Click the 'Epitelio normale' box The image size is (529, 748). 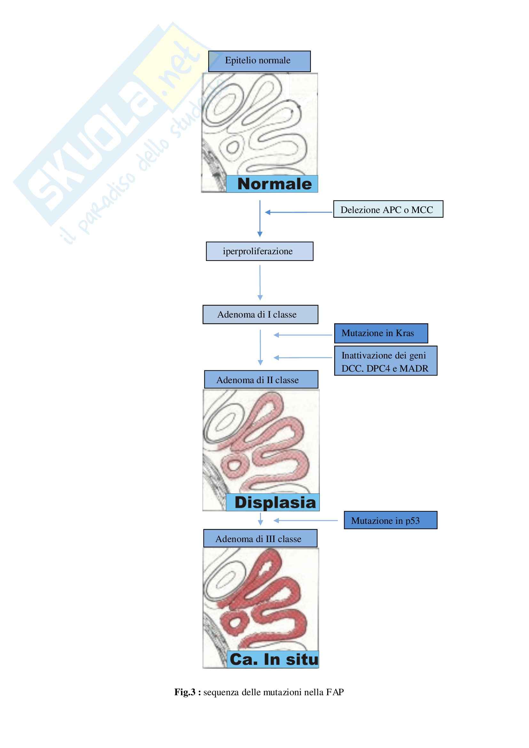point(259,61)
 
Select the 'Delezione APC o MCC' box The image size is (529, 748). point(388,209)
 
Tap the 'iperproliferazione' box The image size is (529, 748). point(259,251)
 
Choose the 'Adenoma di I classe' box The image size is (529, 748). point(260,314)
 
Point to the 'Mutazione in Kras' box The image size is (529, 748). point(381,333)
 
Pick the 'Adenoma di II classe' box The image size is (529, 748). point(261,380)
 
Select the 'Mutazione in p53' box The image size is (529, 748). point(390,520)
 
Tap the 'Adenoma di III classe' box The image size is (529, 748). point(260,539)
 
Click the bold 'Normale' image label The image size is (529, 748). point(274,184)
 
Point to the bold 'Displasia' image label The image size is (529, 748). point(275,502)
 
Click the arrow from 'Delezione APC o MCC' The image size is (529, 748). point(299,212)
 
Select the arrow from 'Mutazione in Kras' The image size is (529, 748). point(303,335)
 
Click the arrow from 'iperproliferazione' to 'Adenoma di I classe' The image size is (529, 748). point(260,282)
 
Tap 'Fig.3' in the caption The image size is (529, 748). point(185,692)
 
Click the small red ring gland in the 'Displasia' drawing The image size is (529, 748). point(233,464)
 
